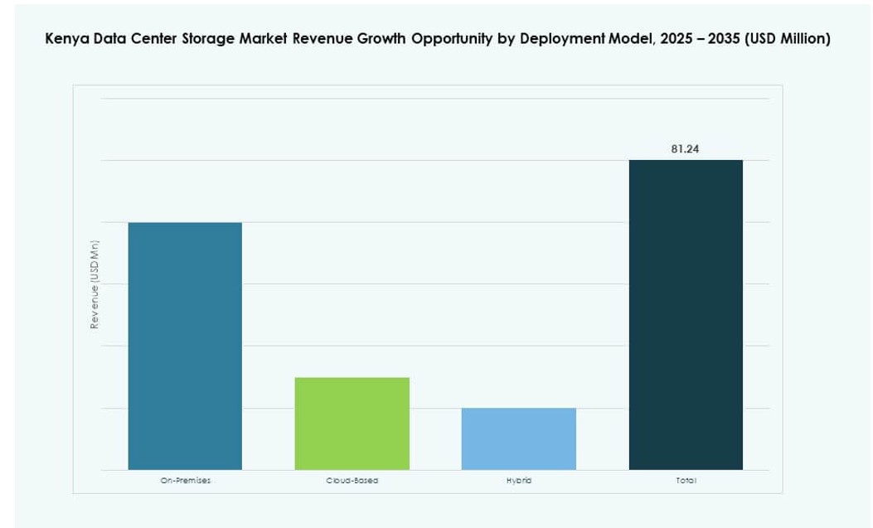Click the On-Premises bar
pyautogui.click(x=185, y=346)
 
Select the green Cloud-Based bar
pyautogui.click(x=352, y=424)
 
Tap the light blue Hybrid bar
pyautogui.click(x=519, y=438)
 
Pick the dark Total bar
pyautogui.click(x=686, y=315)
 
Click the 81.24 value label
pyautogui.click(x=685, y=149)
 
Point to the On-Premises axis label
pyautogui.click(x=185, y=481)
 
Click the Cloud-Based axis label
pyautogui.click(x=352, y=481)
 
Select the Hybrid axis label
pyautogui.click(x=519, y=481)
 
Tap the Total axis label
pyautogui.click(x=686, y=481)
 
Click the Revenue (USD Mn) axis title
pyautogui.click(x=95, y=284)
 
